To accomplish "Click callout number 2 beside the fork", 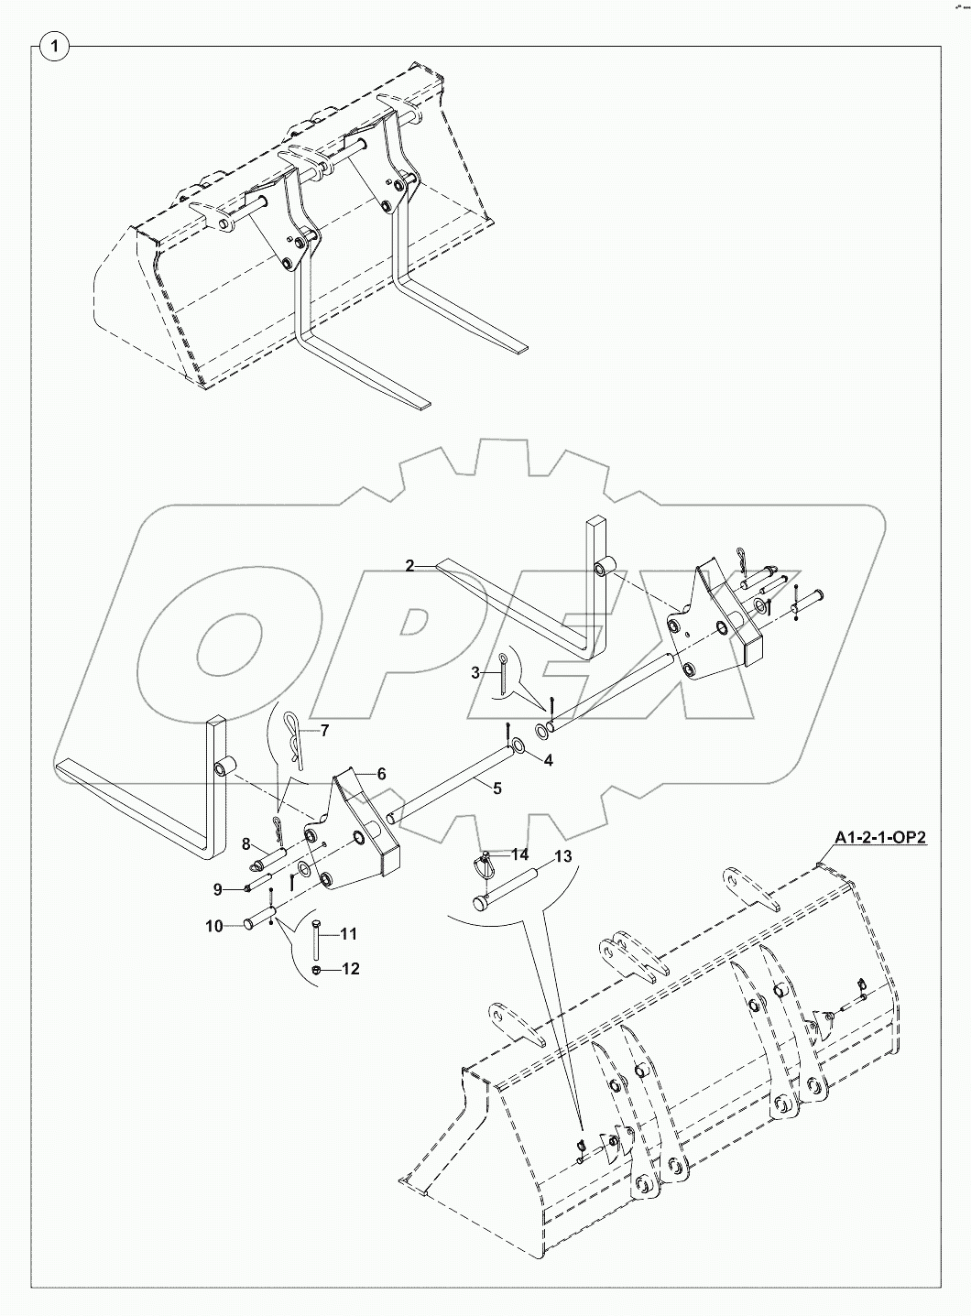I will click(411, 566).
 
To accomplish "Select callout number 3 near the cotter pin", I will click(475, 673).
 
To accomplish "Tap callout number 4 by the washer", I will click(549, 760).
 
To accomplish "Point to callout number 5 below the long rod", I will click(497, 788).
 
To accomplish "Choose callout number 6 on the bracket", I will click(380, 774).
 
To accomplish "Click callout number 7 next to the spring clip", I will click(322, 730).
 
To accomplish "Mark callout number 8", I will click(245, 843).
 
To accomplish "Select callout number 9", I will click(217, 888).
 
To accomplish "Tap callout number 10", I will click(213, 927).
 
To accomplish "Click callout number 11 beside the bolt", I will click(348, 934).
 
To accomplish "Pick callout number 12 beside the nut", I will click(350, 968).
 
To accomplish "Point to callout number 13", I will click(562, 857).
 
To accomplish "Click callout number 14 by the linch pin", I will click(520, 854).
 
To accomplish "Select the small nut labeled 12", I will click(316, 970).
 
